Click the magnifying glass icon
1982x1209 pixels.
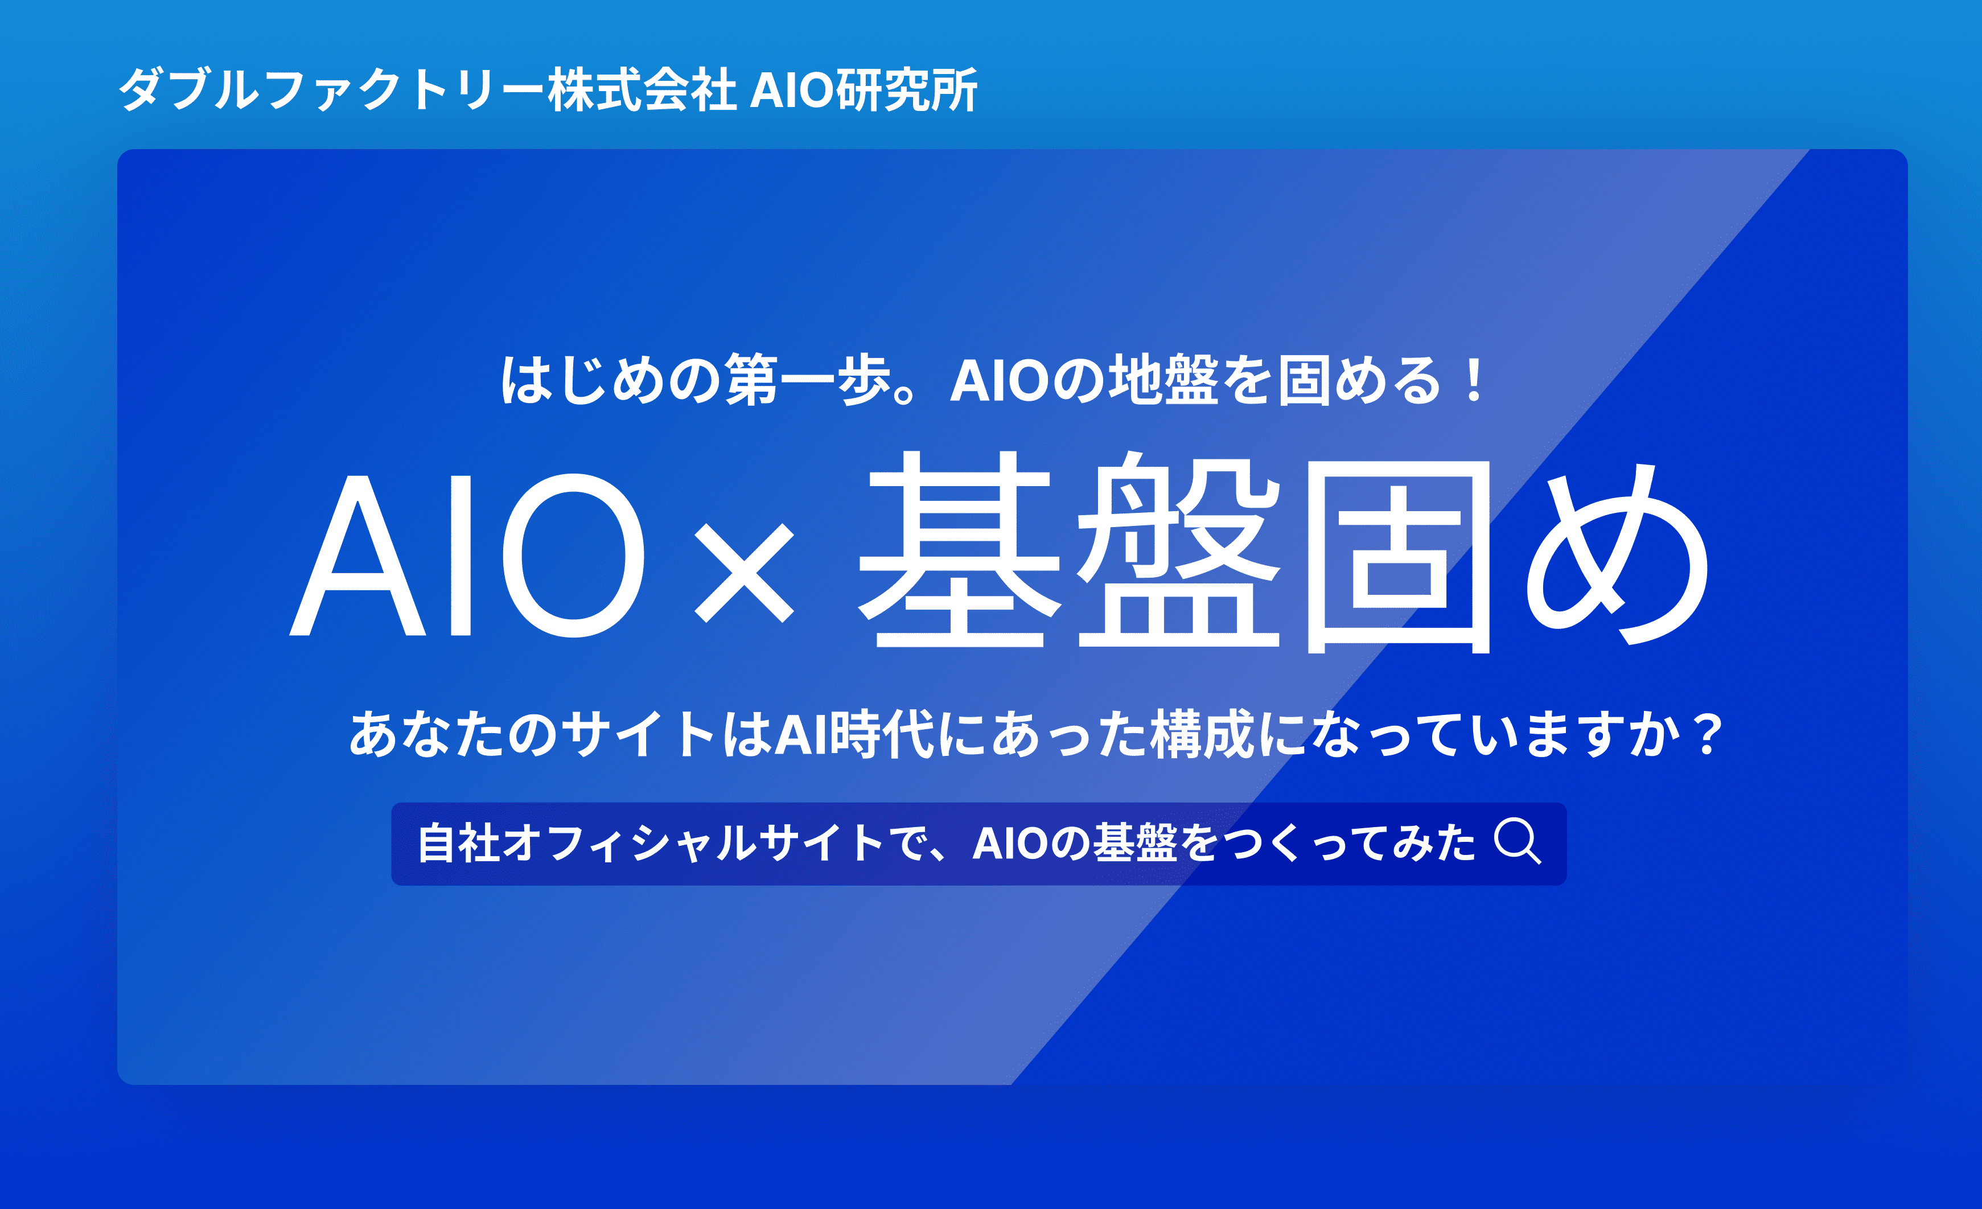pos(1517,841)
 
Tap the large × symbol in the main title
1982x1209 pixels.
pos(744,572)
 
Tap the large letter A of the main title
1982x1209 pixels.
pos(357,555)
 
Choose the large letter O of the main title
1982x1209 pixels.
pos(574,555)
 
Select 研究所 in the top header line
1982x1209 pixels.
pos(907,89)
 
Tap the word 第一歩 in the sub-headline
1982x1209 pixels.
pos(807,380)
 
